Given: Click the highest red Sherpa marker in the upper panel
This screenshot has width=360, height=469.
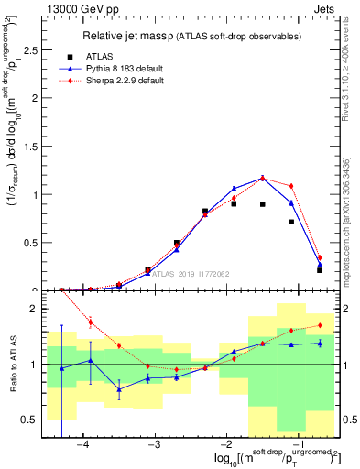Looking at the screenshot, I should tap(262, 178).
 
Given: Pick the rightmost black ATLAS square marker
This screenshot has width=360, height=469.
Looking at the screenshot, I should tap(320, 270).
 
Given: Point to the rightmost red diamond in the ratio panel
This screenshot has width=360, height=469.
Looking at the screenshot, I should tap(320, 325).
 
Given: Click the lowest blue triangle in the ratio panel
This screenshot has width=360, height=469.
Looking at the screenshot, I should tap(119, 389).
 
